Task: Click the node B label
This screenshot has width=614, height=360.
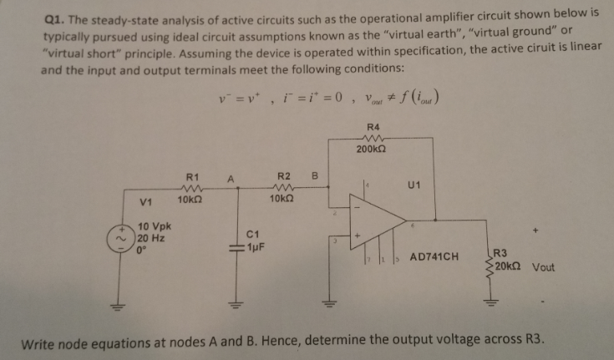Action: point(315,177)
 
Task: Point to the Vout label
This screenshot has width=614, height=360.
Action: point(543,268)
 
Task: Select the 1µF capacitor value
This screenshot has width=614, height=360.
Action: point(255,247)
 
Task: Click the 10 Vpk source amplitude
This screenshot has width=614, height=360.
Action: point(155,226)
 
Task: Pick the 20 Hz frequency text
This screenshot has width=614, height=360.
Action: point(154,236)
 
